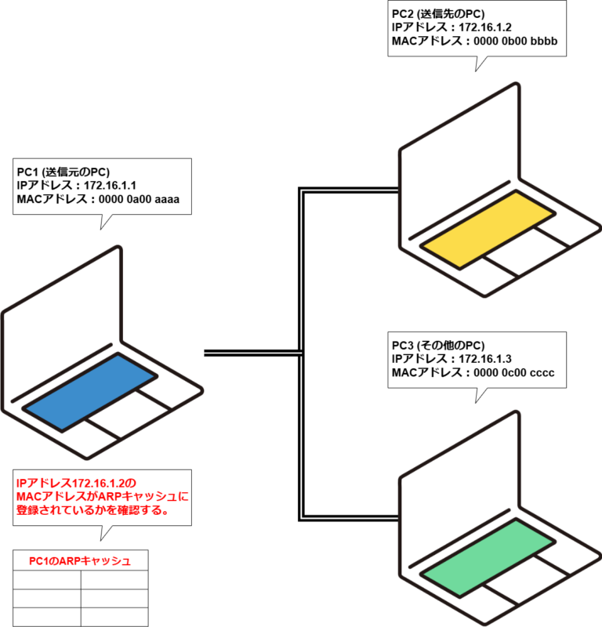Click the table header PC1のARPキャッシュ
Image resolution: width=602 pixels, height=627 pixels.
[80, 560]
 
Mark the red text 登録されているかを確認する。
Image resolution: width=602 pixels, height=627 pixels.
[92, 509]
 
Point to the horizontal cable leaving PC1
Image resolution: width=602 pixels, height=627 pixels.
[251, 353]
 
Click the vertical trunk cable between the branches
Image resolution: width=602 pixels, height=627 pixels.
[301, 353]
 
